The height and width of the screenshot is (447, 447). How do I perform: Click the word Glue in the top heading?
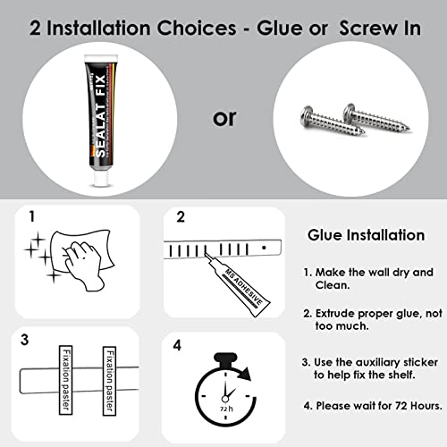[281, 29]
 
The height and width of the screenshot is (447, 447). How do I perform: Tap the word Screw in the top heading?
[368, 29]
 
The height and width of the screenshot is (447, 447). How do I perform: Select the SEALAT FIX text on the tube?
[101, 115]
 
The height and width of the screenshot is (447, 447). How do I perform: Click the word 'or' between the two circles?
[224, 118]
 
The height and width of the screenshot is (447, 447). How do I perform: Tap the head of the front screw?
[307, 116]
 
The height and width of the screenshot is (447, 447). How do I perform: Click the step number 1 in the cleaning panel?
[32, 216]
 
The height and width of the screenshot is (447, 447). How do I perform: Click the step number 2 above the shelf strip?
[181, 217]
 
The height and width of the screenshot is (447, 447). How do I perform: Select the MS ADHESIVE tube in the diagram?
[238, 283]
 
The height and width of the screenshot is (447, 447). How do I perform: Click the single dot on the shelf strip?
[264, 248]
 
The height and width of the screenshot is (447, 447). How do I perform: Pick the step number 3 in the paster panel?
[25, 340]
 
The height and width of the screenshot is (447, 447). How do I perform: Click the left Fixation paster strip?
[65, 380]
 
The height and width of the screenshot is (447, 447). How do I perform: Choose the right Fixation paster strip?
[109, 381]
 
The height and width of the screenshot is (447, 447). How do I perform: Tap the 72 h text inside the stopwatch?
[226, 409]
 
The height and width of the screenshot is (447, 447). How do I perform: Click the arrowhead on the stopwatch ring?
[245, 374]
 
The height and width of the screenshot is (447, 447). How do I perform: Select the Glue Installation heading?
[367, 235]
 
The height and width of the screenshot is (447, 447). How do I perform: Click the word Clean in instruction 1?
[333, 285]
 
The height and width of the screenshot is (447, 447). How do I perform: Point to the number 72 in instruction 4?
[401, 406]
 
